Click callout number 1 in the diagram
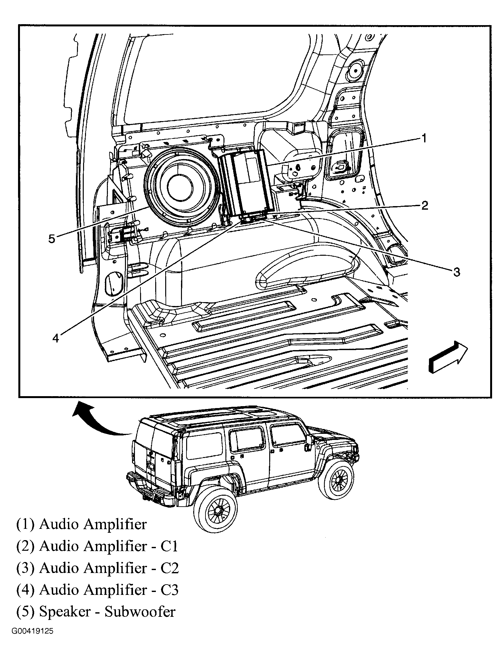(424, 139)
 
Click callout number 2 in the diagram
(425, 205)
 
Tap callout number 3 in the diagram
(457, 272)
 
